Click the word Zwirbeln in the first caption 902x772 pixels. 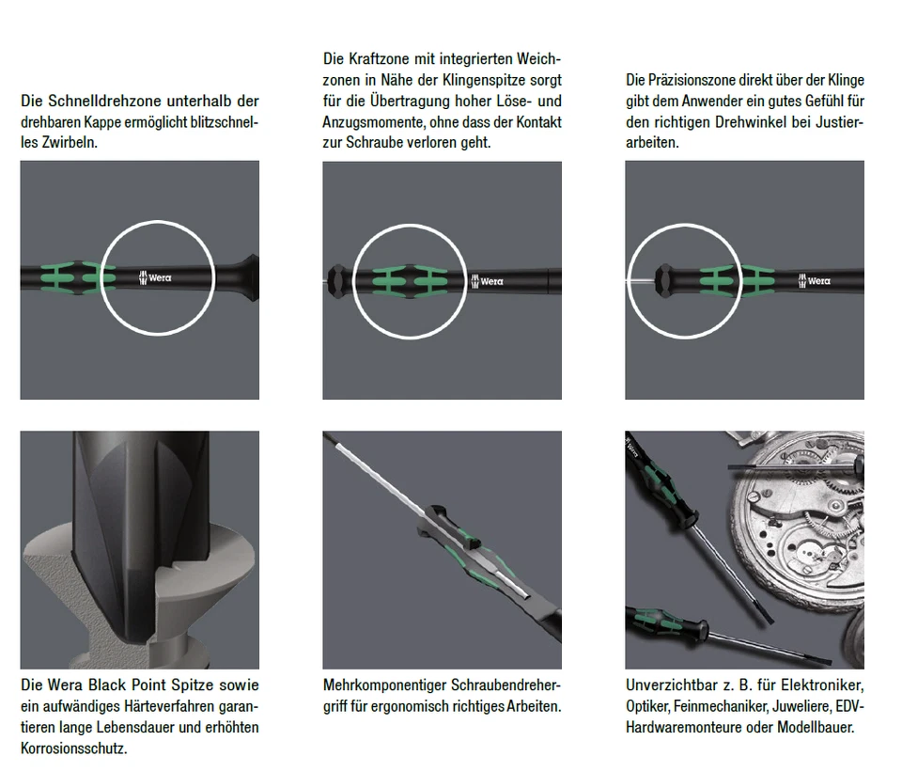[x=70, y=142]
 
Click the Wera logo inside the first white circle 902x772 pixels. [x=155, y=277]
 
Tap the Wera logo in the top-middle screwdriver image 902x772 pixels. [x=488, y=281]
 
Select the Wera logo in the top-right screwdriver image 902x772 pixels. [x=814, y=280]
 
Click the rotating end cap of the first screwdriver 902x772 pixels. [x=250, y=277]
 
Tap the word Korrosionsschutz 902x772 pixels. [x=73, y=748]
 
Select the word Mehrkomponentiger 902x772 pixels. [x=384, y=685]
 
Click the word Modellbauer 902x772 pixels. [x=816, y=727]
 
